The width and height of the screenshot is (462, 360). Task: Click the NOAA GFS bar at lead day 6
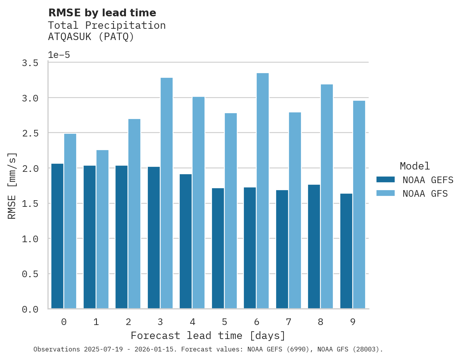coord(262,190)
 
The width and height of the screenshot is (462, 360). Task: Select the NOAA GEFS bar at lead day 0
coord(57,236)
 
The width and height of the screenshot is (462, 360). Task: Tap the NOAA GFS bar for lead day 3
coord(166,193)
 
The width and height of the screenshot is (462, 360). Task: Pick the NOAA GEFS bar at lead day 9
coord(346,251)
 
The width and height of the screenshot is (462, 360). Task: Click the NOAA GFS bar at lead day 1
coord(102,229)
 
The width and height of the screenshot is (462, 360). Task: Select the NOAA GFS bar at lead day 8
coord(327,196)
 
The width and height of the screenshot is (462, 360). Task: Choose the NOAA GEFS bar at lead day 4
coord(185,241)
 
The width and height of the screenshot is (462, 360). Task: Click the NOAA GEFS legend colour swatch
coord(385,180)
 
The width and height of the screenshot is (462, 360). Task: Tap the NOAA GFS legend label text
coord(425,194)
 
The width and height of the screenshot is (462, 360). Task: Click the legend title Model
coord(415,166)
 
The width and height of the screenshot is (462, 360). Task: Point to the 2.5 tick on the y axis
coord(30,133)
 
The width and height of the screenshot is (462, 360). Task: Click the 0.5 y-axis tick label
coord(30,274)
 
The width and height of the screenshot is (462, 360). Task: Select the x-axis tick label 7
coord(288,322)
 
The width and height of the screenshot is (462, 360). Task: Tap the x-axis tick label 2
coord(128,322)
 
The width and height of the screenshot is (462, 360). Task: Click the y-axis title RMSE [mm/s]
coord(12,186)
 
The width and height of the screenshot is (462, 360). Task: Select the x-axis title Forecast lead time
coord(208,336)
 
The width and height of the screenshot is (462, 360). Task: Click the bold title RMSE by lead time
coord(102,13)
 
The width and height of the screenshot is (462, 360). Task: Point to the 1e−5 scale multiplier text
coord(59,55)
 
